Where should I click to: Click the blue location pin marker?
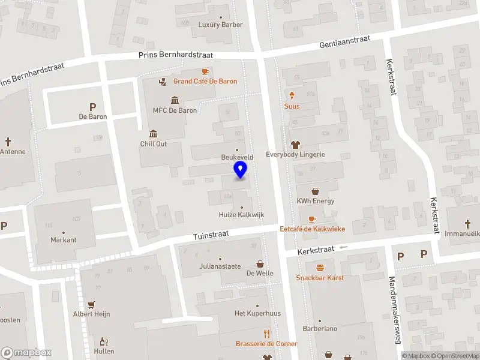click(x=240, y=169)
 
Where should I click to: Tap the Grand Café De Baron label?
click(x=205, y=81)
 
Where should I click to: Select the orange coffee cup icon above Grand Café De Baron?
click(x=205, y=71)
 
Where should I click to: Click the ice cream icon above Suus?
click(x=292, y=96)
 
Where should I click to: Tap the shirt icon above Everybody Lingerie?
click(x=295, y=145)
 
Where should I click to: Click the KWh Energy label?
click(x=315, y=201)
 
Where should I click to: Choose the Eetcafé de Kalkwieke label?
click(x=311, y=229)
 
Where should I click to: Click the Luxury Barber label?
click(x=220, y=25)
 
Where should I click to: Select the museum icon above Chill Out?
click(x=154, y=133)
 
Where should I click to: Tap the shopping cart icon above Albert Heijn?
click(x=91, y=304)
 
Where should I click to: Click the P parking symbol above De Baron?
click(x=93, y=107)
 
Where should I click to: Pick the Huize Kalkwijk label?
click(x=241, y=215)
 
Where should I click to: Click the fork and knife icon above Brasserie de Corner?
click(x=266, y=334)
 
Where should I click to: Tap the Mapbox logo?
click(x=26, y=353)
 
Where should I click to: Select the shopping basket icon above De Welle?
click(x=260, y=263)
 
